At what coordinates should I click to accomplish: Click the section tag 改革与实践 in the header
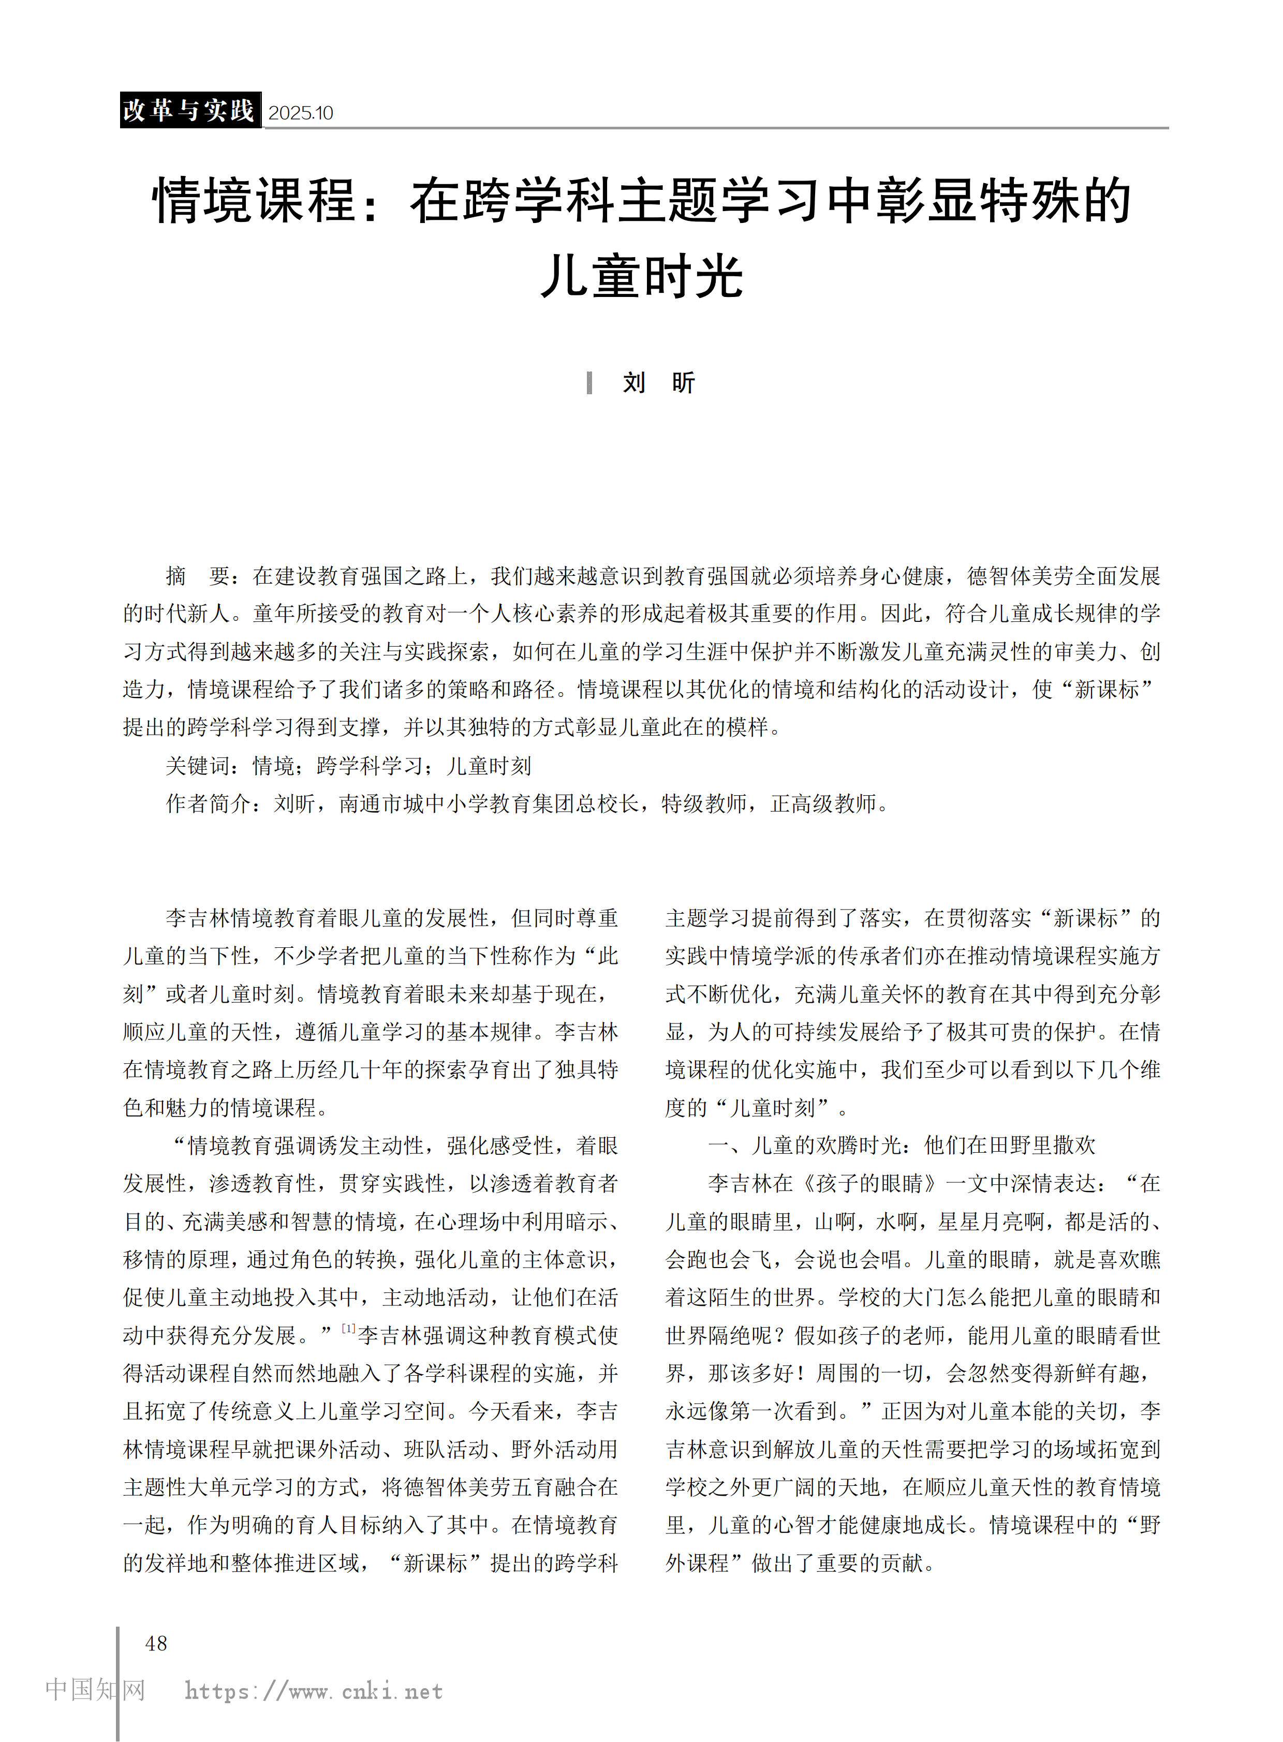click(x=189, y=110)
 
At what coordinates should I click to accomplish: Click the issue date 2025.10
click(x=301, y=113)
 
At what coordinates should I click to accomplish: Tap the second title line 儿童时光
click(x=642, y=276)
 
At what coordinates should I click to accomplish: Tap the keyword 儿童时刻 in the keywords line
click(x=489, y=766)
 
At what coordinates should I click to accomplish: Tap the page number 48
click(x=156, y=1643)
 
